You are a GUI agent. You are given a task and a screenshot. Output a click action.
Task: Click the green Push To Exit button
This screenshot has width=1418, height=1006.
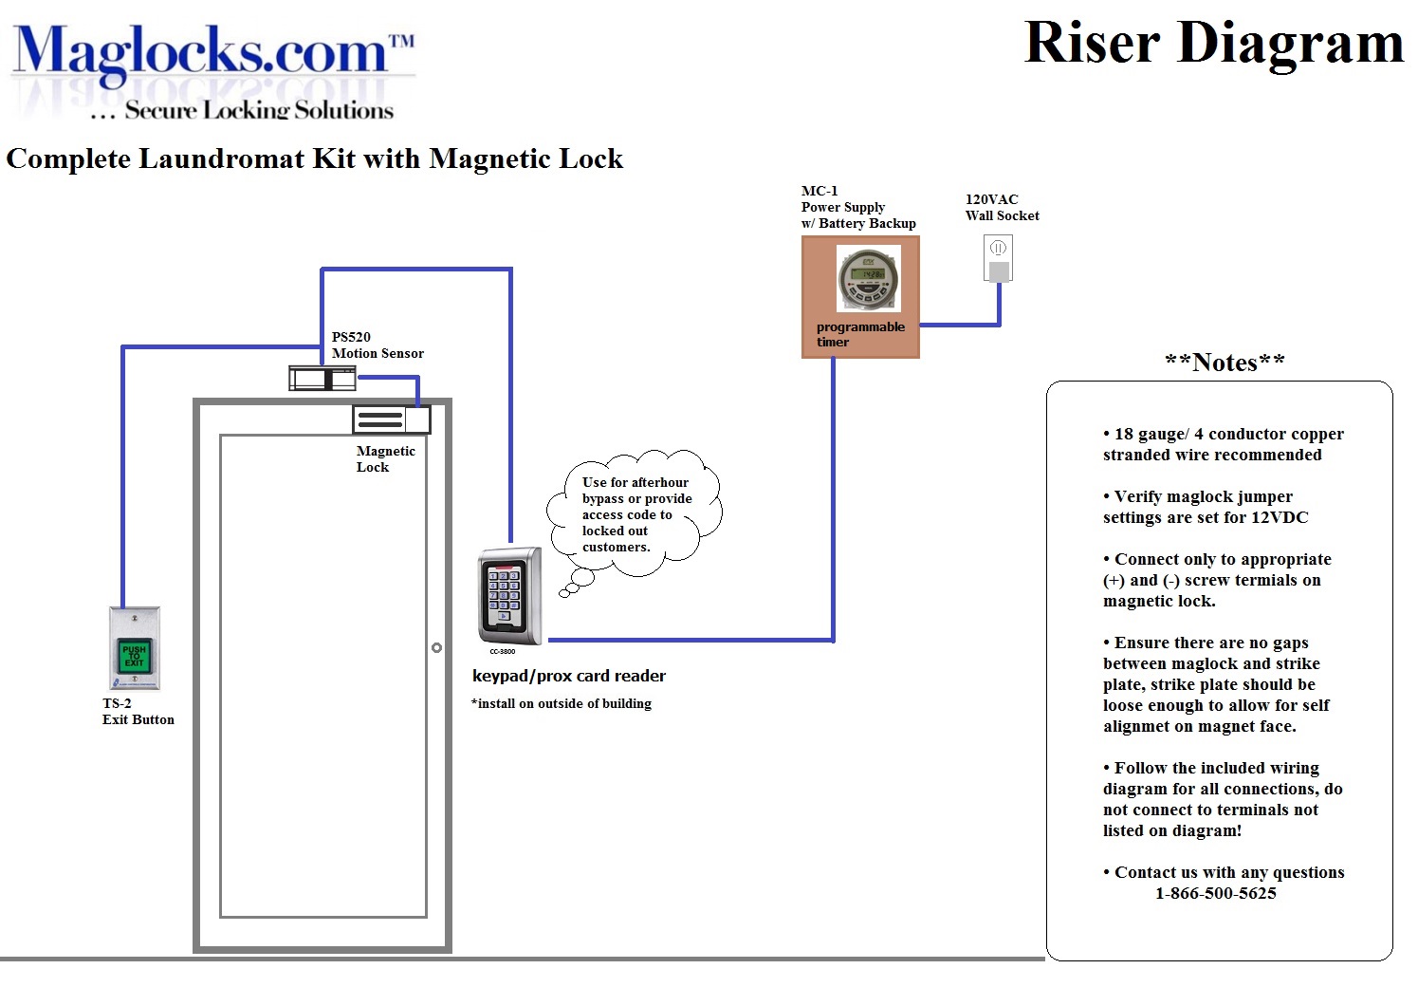pyautogui.click(x=134, y=656)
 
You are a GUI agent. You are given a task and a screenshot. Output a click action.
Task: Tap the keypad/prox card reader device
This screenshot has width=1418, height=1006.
pyautogui.click(x=509, y=595)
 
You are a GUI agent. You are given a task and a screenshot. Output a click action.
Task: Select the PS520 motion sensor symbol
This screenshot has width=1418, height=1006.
pyautogui.click(x=322, y=379)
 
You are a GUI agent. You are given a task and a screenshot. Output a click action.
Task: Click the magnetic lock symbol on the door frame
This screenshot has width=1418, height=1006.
pyautogui.click(x=391, y=419)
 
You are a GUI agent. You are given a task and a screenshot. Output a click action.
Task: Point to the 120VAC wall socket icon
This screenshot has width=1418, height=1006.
pyautogui.click(x=998, y=258)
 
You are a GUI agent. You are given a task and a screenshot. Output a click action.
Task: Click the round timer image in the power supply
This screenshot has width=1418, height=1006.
pyautogui.click(x=867, y=278)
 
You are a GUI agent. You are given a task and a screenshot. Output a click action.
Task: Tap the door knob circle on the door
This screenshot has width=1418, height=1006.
pyautogui.click(x=436, y=648)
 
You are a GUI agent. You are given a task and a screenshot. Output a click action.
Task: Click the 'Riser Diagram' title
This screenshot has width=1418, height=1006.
pyautogui.click(x=1213, y=44)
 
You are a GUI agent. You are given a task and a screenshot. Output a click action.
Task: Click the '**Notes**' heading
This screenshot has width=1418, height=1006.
pyautogui.click(x=1225, y=363)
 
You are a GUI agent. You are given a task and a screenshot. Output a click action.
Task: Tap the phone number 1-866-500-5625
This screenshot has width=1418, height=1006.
pyautogui.click(x=1215, y=893)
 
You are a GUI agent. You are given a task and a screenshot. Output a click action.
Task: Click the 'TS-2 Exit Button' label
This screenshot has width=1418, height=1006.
pyautogui.click(x=138, y=712)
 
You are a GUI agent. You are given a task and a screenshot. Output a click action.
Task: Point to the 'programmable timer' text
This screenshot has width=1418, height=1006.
pyautogui.click(x=859, y=334)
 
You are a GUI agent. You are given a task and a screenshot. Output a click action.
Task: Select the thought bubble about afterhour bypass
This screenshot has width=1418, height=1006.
pyautogui.click(x=635, y=514)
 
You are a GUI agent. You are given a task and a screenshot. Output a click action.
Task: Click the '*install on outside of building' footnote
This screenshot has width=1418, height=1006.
pyautogui.click(x=562, y=703)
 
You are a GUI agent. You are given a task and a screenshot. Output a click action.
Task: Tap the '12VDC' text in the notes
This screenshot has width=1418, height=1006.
pyautogui.click(x=1280, y=517)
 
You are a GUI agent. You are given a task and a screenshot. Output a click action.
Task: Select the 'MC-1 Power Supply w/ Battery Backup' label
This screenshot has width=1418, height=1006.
pyautogui.click(x=857, y=207)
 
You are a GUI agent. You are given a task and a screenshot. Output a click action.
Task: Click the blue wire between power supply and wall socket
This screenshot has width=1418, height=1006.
pyautogui.click(x=960, y=325)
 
